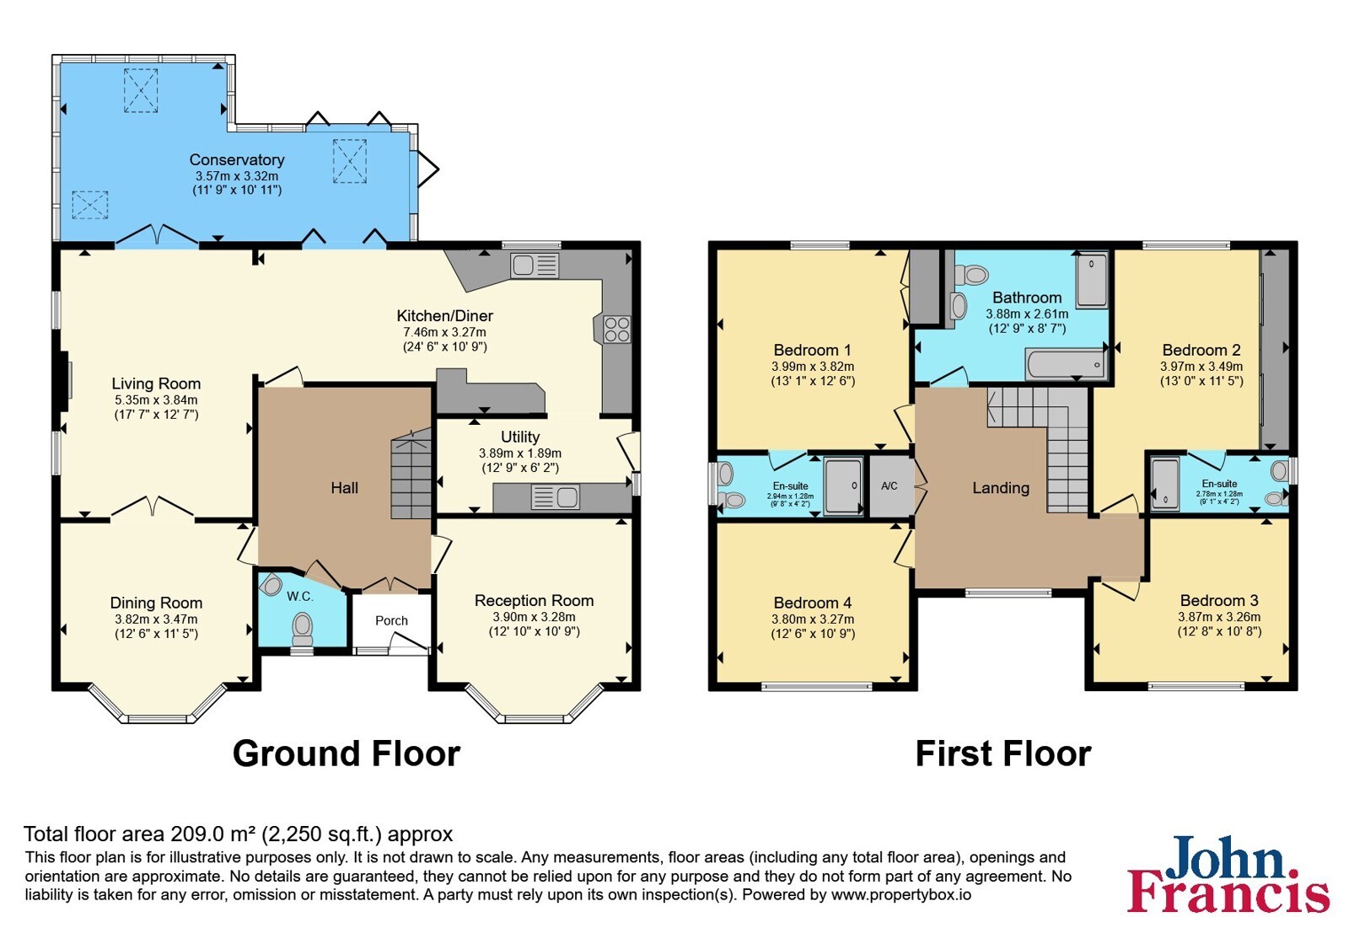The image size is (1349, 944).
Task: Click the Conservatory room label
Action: pyautogui.click(x=237, y=160)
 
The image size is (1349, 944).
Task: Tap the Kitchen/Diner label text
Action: pyautogui.click(x=444, y=316)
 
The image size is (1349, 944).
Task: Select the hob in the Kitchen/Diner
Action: pyautogui.click(x=616, y=330)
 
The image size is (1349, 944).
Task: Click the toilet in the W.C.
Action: pyautogui.click(x=302, y=627)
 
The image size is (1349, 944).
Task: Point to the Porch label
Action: pyautogui.click(x=391, y=620)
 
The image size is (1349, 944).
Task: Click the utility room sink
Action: pyautogui.click(x=556, y=497)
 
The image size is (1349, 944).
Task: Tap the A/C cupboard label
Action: pyautogui.click(x=889, y=485)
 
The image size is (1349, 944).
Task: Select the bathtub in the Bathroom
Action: pyautogui.click(x=1066, y=364)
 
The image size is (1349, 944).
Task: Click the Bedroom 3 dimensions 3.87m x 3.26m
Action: pyautogui.click(x=1219, y=617)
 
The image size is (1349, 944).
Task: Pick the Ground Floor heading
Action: pyautogui.click(x=347, y=754)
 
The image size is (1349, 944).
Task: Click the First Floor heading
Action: pyautogui.click(x=1003, y=754)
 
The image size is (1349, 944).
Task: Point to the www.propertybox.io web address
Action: pyautogui.click(x=901, y=894)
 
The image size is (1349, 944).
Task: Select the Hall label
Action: pyautogui.click(x=345, y=488)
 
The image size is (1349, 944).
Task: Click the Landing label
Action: pyautogui.click(x=1001, y=488)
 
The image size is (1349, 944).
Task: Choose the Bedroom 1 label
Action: pyautogui.click(x=813, y=350)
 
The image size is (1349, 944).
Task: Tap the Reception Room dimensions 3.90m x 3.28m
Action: pyautogui.click(x=535, y=617)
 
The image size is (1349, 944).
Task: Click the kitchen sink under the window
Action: pyautogui.click(x=535, y=265)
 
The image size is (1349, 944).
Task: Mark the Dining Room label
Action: pyautogui.click(x=156, y=603)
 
